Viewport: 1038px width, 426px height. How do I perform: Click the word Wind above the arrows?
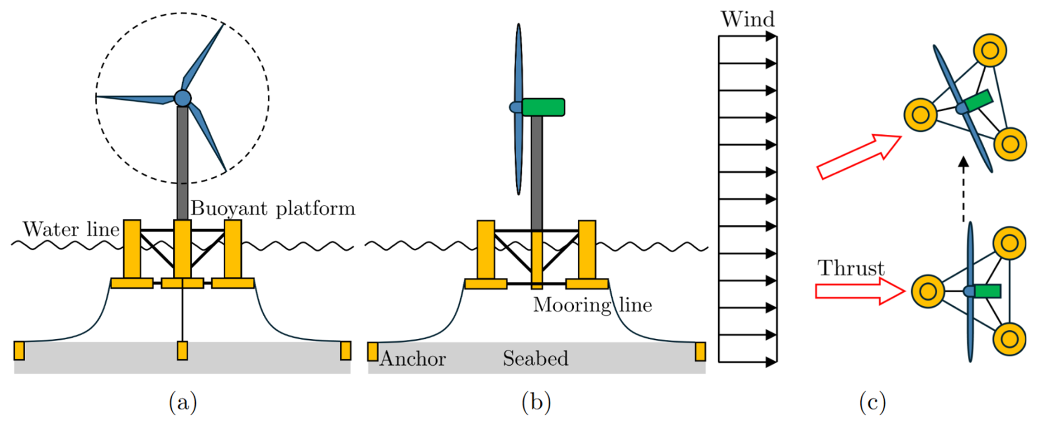tap(747, 19)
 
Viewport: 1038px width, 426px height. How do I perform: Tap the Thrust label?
tap(851, 268)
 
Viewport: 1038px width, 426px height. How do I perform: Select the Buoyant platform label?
tap(273, 209)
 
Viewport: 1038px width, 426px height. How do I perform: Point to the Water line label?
tap(71, 229)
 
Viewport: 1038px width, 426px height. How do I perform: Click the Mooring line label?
tap(593, 305)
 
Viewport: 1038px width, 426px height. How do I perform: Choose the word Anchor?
tap(413, 359)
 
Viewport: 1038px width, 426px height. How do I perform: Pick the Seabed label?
tap(535, 359)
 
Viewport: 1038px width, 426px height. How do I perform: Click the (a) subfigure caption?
tap(183, 402)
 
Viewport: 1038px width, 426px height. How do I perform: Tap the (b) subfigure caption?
tap(536, 402)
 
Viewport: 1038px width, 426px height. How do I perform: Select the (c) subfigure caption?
tap(872, 402)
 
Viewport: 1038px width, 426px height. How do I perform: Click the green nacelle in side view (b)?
tap(543, 107)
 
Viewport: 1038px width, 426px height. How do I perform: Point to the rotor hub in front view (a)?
tap(183, 98)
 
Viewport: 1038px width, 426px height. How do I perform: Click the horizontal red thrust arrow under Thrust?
tap(860, 291)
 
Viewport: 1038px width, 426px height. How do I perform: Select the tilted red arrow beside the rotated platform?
tap(859, 157)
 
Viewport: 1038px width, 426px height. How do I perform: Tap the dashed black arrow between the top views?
tap(963, 189)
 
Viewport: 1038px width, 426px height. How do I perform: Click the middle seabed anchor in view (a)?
tap(183, 351)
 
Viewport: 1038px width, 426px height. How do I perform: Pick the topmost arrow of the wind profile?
tap(748, 37)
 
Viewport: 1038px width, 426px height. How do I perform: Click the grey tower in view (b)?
tap(537, 173)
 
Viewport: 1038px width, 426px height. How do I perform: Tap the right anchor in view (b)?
tap(700, 351)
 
